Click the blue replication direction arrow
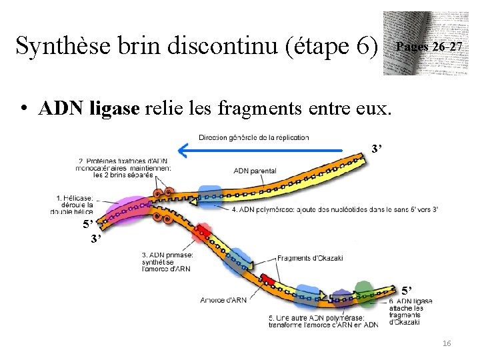click(x=267, y=152)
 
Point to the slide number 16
click(x=446, y=342)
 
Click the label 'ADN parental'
click(x=255, y=171)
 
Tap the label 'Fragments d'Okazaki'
click(x=309, y=258)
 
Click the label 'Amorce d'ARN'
click(x=223, y=300)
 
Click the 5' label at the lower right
click(x=408, y=290)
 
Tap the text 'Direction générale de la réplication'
click(x=253, y=137)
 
